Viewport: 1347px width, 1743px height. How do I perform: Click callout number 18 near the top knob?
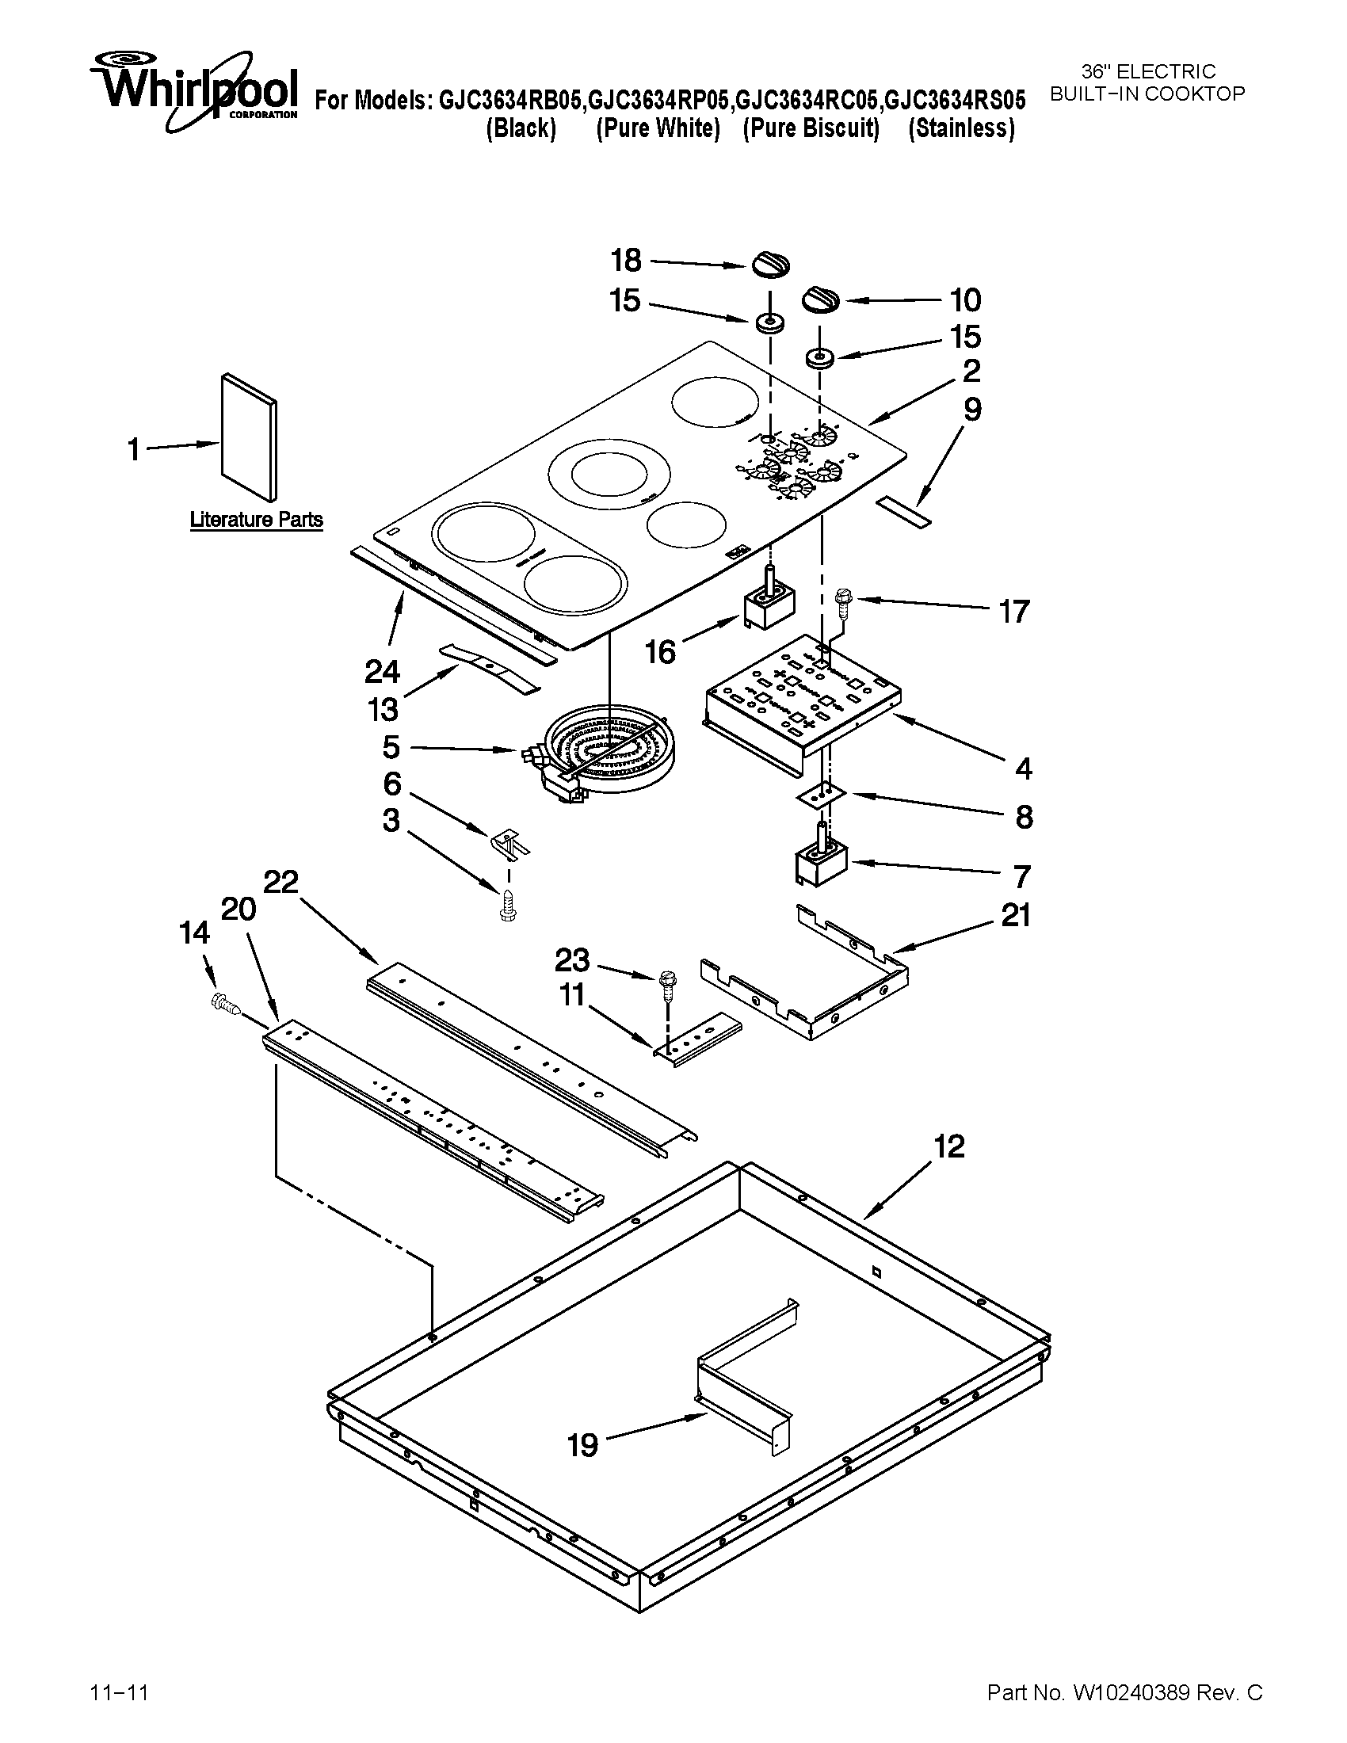[627, 260]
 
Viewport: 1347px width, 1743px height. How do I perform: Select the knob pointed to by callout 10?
[820, 301]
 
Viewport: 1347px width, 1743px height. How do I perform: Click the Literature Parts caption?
[256, 520]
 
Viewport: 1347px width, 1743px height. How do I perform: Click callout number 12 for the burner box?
[949, 1147]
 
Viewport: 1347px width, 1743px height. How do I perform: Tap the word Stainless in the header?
[962, 128]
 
